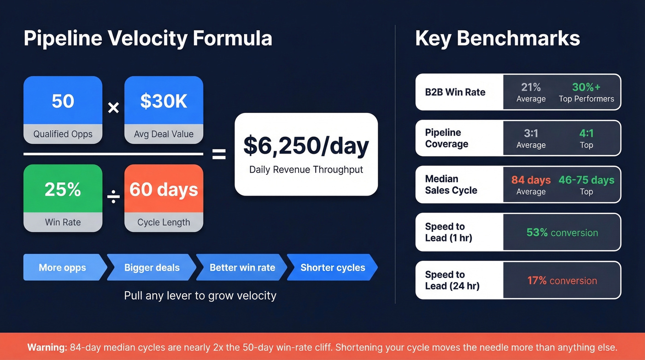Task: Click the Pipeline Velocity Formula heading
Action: (147, 39)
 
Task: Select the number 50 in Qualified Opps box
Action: (63, 101)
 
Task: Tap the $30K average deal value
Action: (164, 101)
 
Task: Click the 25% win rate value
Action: (63, 189)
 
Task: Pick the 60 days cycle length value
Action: (164, 189)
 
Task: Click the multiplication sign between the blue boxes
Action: (113, 108)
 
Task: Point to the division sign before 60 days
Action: (113, 197)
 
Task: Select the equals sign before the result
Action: (219, 154)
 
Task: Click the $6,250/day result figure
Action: (306, 146)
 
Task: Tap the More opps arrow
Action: (63, 267)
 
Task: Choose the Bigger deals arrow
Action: (152, 267)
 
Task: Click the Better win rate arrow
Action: (242, 267)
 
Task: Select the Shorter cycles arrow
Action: (332, 267)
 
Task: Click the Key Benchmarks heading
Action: (497, 39)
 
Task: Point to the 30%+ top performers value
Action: (586, 87)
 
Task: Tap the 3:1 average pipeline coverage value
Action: (531, 134)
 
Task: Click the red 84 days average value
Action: (531, 180)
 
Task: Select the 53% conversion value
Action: (562, 233)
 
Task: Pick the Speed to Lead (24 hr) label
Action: (452, 280)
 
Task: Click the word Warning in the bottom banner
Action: (47, 348)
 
